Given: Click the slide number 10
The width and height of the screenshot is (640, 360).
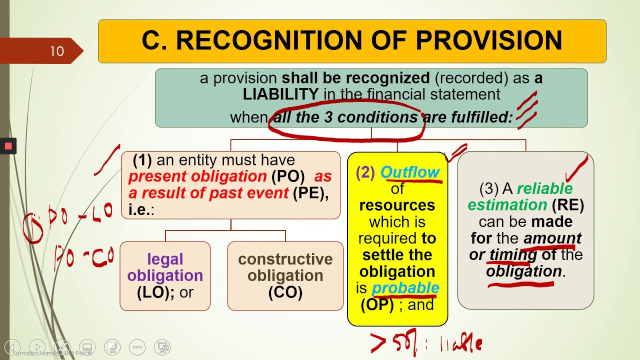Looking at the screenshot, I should click(56, 51).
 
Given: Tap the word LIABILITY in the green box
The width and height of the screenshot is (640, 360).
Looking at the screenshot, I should click(280, 94).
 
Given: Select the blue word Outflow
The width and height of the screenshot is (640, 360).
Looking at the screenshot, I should click(410, 172).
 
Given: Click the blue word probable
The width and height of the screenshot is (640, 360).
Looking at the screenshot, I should click(405, 288).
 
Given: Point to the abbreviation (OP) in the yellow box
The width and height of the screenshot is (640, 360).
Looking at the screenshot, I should click(377, 304).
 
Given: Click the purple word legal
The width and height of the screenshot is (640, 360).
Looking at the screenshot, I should click(165, 259).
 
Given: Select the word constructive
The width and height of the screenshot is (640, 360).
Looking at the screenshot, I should click(285, 259).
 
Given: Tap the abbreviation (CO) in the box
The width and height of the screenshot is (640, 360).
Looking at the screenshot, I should click(285, 292).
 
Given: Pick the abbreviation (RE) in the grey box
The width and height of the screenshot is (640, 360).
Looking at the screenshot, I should click(568, 204).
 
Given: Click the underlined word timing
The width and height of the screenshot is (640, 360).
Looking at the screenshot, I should click(509, 254).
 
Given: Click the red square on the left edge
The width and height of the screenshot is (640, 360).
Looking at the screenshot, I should click(8, 146).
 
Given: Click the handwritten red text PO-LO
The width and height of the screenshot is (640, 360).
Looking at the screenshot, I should click(80, 216).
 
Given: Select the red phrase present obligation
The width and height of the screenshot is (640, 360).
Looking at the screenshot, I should click(197, 176).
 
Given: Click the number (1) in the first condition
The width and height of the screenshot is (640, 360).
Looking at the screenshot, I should click(142, 160).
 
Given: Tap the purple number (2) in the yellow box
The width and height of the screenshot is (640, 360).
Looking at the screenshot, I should click(365, 172).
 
